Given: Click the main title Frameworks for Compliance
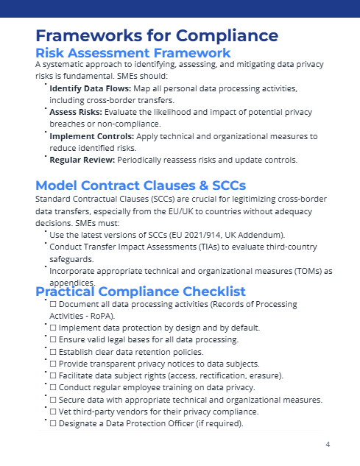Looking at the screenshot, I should [156, 35].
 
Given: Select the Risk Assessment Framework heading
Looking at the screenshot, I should [133, 52].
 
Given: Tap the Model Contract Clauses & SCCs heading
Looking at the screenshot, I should [141, 185].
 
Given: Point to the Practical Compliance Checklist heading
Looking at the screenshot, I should [141, 292].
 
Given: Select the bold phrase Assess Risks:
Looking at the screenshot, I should [72, 113].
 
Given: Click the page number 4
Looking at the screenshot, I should [327, 445].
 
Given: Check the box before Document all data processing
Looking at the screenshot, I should [52, 303].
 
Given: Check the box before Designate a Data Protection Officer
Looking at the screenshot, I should [52, 423].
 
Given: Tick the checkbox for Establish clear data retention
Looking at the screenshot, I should [52, 352].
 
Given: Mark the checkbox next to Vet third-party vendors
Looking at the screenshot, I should [52, 412].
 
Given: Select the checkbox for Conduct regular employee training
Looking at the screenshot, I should [52, 388].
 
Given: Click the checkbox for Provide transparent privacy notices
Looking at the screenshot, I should [52, 364].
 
